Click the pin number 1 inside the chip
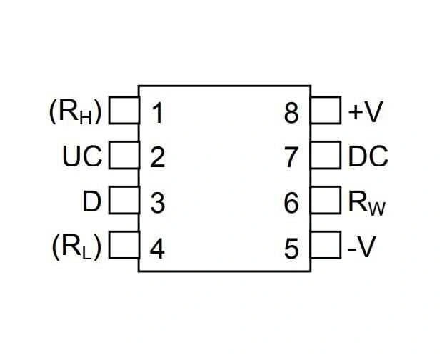(157, 114)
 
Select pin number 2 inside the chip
(157, 158)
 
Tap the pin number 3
(157, 203)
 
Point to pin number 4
(157, 249)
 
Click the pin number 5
(291, 249)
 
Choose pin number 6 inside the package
(291, 203)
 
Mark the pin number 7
(291, 158)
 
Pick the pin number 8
(291, 114)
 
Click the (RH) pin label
(75, 112)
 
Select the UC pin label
(82, 156)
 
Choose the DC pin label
(368, 156)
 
